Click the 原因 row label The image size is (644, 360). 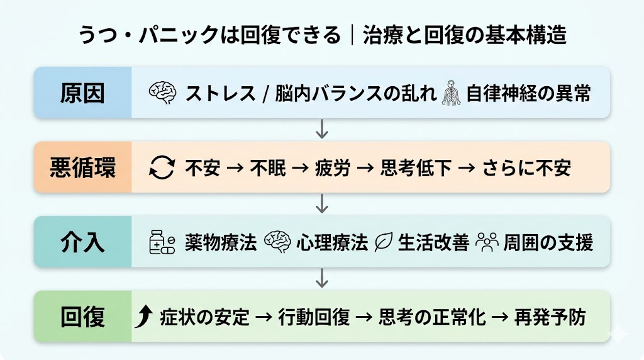82,93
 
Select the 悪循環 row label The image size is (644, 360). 82,167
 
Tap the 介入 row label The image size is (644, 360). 82,242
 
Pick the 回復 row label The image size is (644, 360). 82,317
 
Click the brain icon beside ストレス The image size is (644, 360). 162,93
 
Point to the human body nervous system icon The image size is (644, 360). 452,93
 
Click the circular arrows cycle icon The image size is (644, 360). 162,168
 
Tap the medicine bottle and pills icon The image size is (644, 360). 162,243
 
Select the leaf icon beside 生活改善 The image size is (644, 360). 383,243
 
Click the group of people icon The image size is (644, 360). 487,242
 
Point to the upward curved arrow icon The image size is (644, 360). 143,317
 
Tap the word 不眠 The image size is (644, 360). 269,168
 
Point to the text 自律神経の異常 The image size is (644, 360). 528,94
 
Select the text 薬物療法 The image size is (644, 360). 221,243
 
